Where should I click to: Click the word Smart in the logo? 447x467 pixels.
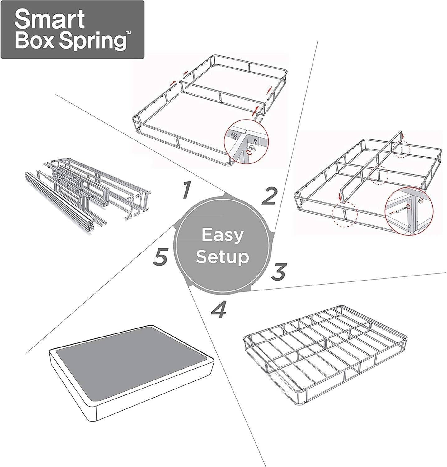[x=49, y=19]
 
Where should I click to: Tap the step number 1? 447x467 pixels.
[x=186, y=190]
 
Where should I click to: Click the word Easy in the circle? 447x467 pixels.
[x=222, y=235]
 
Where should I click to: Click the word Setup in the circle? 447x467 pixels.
[x=222, y=257]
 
